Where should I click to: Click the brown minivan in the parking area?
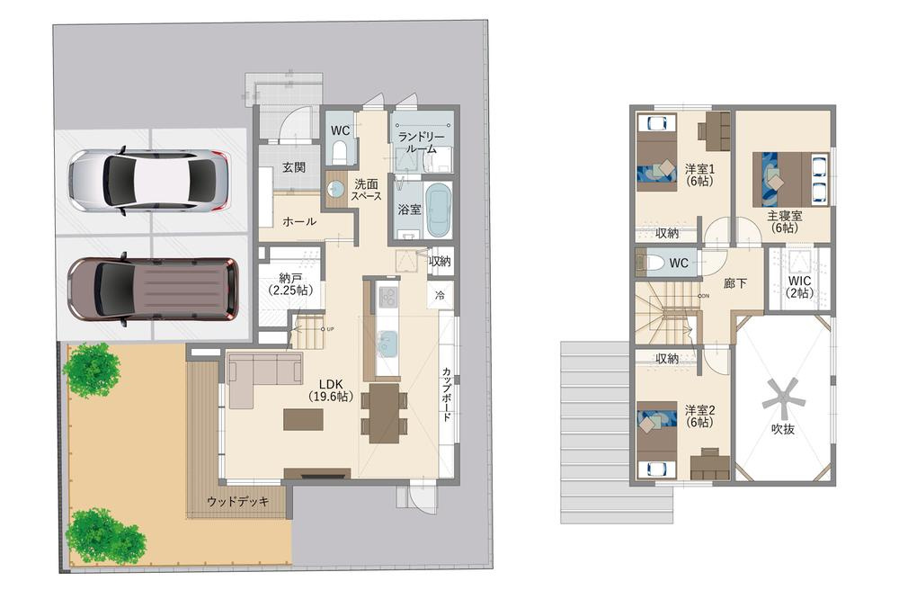pyautogui.click(x=153, y=291)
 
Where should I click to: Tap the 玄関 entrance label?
pyautogui.click(x=294, y=167)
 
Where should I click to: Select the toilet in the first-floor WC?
pyautogui.click(x=340, y=153)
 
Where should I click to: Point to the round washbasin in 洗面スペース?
pyautogui.click(x=334, y=188)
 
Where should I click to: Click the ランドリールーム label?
pyautogui.click(x=422, y=143)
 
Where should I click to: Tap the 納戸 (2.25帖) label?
pyautogui.click(x=290, y=284)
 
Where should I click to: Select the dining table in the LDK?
pyautogui.click(x=384, y=413)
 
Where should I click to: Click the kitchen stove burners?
pyautogui.click(x=387, y=297)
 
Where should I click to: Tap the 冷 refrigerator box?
pyautogui.click(x=441, y=296)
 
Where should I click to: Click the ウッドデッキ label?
pyautogui.click(x=238, y=502)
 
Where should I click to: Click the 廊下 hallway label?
pyautogui.click(x=735, y=282)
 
